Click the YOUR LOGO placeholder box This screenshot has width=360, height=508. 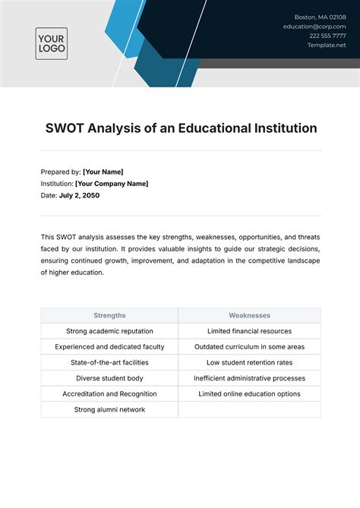click(x=52, y=43)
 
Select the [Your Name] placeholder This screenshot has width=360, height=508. click(x=103, y=172)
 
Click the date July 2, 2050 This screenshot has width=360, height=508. click(x=79, y=195)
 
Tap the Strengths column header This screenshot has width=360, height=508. click(x=109, y=315)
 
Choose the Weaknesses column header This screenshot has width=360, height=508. click(x=250, y=315)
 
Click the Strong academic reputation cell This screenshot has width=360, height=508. click(x=109, y=331)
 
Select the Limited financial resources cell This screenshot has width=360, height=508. click(x=250, y=331)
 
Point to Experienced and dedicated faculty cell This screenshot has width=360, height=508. click(x=109, y=346)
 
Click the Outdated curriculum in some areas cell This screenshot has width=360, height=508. click(x=250, y=346)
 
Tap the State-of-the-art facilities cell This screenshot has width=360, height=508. click(x=109, y=362)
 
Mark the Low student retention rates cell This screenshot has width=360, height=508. click(x=250, y=362)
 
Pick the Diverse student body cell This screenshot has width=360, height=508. click(x=109, y=378)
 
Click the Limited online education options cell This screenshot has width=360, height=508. click(x=250, y=394)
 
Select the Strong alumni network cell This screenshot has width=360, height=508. click(x=109, y=409)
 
